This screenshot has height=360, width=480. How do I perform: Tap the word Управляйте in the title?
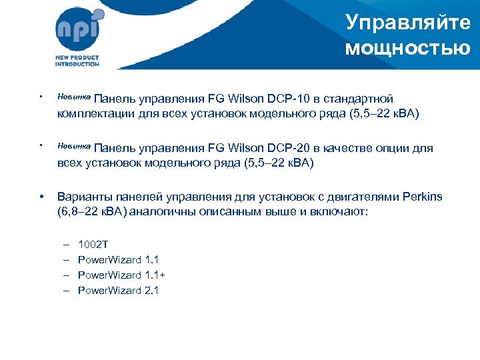(408, 23)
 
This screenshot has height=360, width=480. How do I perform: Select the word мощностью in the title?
(408, 48)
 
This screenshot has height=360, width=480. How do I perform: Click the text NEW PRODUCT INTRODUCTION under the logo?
(77, 61)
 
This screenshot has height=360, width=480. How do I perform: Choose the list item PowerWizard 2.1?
(119, 291)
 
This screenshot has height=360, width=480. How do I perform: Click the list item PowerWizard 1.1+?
(122, 275)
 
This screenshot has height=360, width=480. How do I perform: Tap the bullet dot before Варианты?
(42, 197)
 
